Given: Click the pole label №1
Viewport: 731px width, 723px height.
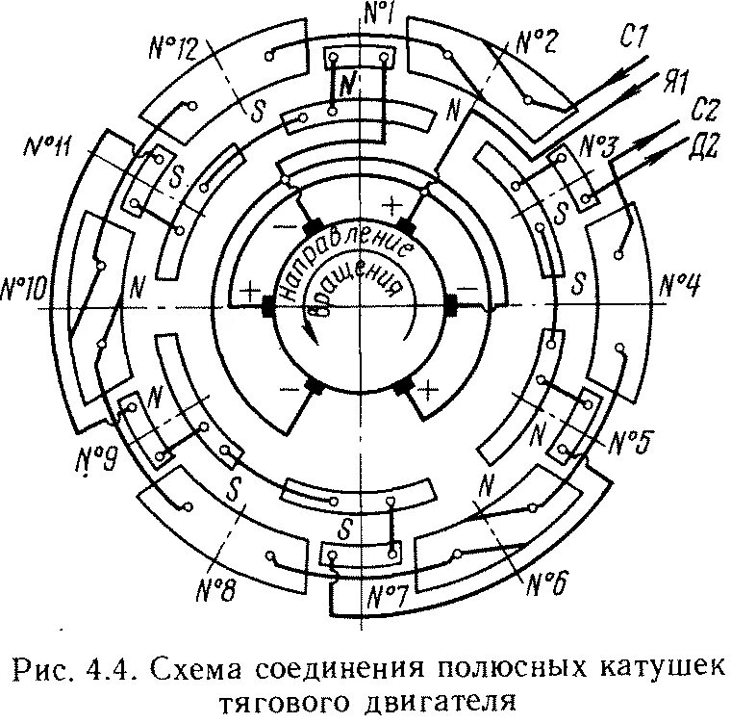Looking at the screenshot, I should [x=382, y=13].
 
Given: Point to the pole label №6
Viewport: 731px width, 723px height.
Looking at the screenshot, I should [x=550, y=581].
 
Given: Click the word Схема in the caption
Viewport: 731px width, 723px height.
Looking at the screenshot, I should [x=234, y=667].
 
